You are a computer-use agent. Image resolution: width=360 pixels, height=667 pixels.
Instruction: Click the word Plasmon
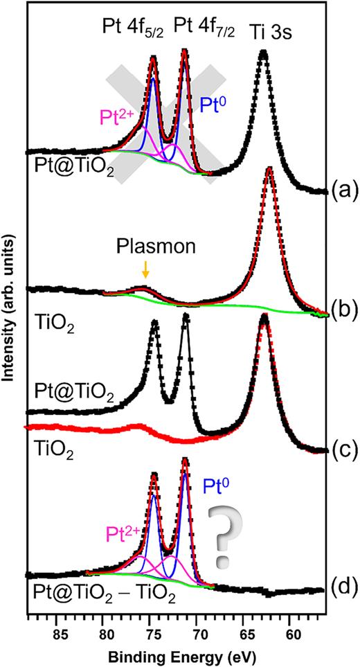143,247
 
